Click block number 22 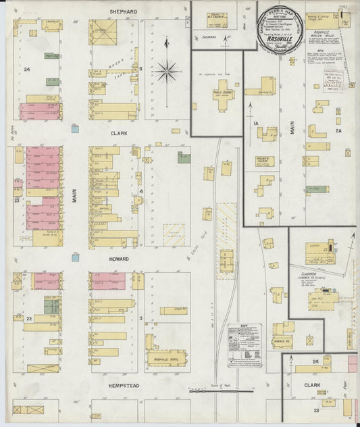point(29,318)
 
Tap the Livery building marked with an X point(103,32)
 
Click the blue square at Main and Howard point(75,256)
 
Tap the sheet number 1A point(257,123)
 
